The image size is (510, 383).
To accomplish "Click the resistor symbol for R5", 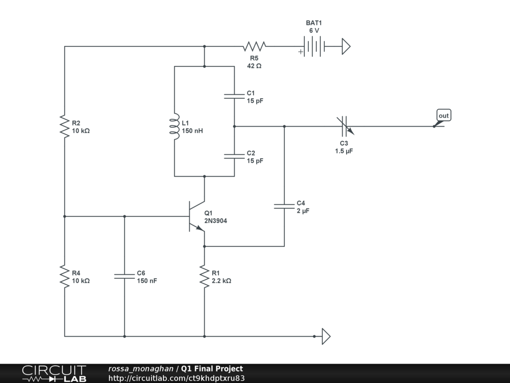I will (254, 47).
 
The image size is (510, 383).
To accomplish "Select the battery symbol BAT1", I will (313, 47).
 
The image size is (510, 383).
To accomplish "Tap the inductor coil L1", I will (174, 127).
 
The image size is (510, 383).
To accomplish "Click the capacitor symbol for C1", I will (234, 96).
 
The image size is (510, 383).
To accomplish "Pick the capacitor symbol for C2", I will (234, 157).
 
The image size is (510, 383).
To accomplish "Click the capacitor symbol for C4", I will (284, 206).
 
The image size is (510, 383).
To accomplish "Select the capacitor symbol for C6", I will (125, 276).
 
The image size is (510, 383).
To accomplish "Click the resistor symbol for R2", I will (64, 127).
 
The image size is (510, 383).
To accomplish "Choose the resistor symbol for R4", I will (64, 276).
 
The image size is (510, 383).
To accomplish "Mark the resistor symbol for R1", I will (204, 276).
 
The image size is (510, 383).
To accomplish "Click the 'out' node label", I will (443, 116).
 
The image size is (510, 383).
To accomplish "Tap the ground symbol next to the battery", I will (346, 47).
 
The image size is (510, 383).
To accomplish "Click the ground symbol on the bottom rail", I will (326, 336).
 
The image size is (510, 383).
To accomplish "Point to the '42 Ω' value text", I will (255, 66).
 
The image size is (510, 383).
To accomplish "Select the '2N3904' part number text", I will (215, 221).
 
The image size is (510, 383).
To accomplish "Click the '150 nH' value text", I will (192, 131).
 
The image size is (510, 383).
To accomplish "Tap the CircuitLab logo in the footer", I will (54, 374).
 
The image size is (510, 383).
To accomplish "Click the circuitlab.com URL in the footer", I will (176, 379).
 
